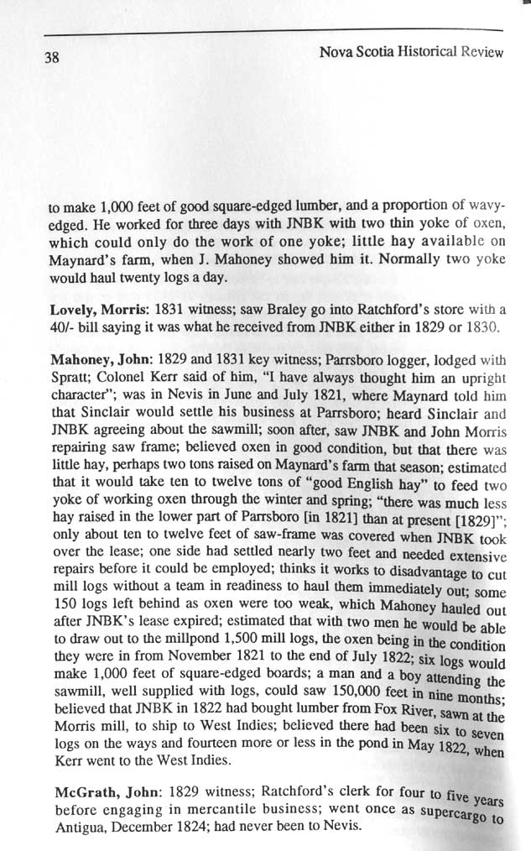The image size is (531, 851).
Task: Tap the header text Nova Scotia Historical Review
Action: [x=411, y=52]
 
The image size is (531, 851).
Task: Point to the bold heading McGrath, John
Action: [x=98, y=792]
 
